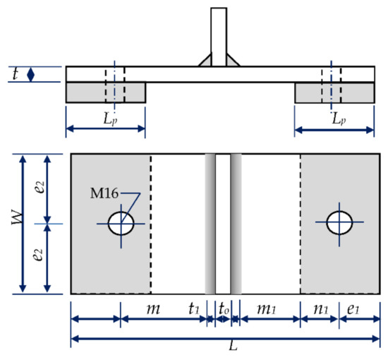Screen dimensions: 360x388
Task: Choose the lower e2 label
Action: [36, 258]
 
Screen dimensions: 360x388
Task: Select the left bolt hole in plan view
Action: [121, 223]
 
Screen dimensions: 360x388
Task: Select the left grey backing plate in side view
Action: [106, 92]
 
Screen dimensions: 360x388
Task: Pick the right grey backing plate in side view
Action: [334, 92]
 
